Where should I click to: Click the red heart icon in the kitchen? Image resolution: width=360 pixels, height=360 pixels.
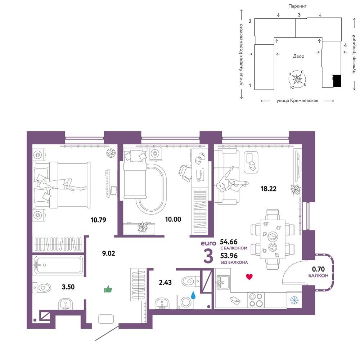tap(249, 276)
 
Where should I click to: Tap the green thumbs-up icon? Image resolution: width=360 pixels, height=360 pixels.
tap(108, 289)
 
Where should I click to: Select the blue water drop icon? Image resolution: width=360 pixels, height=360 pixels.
tap(193, 295)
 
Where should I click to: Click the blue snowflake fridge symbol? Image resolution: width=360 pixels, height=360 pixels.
tap(294, 300)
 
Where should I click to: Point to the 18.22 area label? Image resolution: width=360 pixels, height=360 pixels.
tap(269, 189)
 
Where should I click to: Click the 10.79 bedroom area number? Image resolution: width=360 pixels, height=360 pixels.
tap(98, 220)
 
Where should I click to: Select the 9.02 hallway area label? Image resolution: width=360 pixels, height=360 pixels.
tap(108, 253)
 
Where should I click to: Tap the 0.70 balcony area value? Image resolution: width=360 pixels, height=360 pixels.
tap(318, 269)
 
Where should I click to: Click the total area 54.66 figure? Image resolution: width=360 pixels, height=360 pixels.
tap(229, 242)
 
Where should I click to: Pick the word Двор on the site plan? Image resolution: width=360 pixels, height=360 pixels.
tap(298, 56)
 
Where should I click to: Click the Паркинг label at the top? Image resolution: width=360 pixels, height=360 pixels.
tap(297, 6)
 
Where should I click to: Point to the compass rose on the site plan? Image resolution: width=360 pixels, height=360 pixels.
tap(297, 79)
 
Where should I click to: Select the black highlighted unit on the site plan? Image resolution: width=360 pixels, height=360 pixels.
tap(337, 81)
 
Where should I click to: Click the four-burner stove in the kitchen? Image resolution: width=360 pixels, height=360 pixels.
tap(256, 300)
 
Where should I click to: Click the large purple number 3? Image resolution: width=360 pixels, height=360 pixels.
tap(208, 255)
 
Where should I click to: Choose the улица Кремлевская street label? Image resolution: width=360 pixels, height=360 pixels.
tap(297, 100)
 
